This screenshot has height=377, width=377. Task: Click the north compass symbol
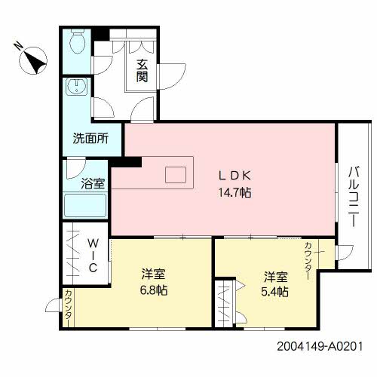click(33, 60)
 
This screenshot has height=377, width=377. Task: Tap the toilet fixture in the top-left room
click(77, 41)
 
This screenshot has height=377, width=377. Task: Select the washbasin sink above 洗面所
click(77, 87)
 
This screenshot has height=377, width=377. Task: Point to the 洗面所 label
click(90, 138)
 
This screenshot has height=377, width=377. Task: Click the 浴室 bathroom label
click(93, 183)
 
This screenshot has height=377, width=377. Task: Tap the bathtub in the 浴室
click(85, 205)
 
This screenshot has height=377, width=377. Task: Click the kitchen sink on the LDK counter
click(176, 175)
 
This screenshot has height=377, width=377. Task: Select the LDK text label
click(234, 176)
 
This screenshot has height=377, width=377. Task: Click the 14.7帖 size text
click(234, 192)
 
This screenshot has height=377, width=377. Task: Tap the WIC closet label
click(93, 256)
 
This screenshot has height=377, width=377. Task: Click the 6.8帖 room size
click(154, 290)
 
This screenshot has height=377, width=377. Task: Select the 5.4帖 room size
click(274, 292)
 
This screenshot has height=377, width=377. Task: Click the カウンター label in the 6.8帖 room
click(69, 308)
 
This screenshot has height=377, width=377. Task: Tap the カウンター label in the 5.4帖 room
click(308, 261)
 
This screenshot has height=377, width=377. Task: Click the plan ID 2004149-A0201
click(320, 347)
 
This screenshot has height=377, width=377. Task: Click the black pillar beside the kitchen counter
click(126, 162)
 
